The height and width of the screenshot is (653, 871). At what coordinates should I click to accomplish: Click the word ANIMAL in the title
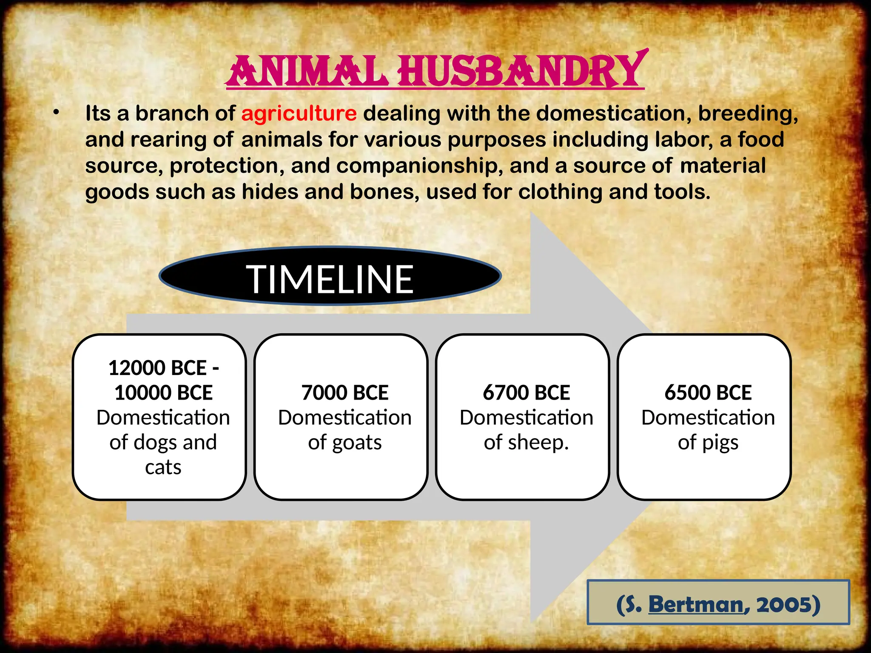308,71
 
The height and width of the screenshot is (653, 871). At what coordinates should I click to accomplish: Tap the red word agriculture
299,114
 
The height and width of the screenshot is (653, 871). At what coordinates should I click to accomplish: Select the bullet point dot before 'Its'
56,113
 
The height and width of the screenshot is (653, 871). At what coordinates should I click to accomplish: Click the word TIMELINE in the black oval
330,279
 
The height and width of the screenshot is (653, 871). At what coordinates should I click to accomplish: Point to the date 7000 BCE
345,392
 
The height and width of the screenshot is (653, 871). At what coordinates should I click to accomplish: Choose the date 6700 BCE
526,392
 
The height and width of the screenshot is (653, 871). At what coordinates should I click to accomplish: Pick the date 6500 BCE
708,392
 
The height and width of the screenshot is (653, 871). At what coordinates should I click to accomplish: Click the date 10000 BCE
163,392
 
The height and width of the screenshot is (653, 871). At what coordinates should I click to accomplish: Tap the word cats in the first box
163,467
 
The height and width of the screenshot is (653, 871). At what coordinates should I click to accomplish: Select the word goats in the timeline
357,443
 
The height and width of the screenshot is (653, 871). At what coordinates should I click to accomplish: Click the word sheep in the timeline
538,443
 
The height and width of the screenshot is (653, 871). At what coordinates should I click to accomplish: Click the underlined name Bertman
696,605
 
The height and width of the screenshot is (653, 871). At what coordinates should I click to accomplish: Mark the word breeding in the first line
748,114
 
